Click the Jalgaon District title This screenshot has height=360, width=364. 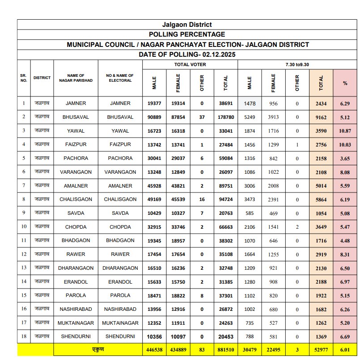(187, 25)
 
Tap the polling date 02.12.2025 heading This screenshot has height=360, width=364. (187, 54)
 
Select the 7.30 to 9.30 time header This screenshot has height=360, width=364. (297, 65)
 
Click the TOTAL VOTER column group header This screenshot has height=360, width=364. (190, 65)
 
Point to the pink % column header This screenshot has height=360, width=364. (345, 83)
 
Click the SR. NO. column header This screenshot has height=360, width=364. (24, 78)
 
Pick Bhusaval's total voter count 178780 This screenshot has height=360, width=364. (225, 117)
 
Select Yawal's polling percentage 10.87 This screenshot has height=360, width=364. (345, 131)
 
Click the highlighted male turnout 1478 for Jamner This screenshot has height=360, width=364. (250, 103)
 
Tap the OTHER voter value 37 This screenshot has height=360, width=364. (202, 117)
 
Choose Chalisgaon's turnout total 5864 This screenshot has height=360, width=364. (321, 199)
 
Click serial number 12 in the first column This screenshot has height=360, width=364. (24, 254)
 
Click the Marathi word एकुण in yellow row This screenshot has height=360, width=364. (98, 350)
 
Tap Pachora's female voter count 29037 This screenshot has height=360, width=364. (178, 158)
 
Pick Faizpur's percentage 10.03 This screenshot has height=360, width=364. (345, 145)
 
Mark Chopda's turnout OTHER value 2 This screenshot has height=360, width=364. (297, 227)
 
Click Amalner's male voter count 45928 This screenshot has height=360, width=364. (154, 186)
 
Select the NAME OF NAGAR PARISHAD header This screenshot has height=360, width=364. (76, 78)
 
